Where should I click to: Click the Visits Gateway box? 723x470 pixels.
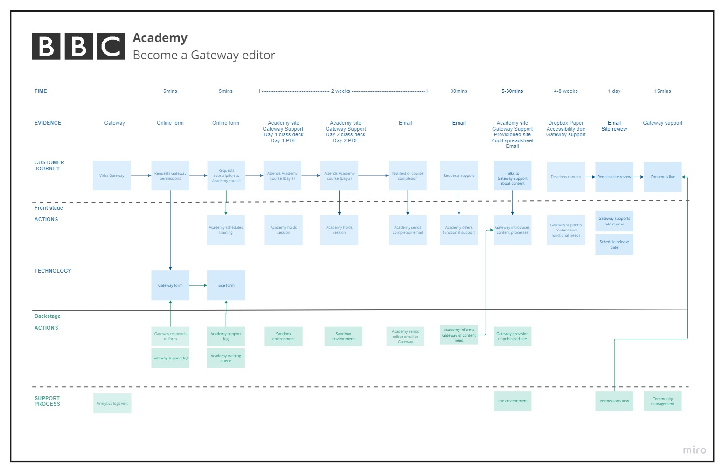pos(111,175)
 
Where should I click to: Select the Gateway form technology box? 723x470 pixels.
pos(170,285)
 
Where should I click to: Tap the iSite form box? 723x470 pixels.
pos(226,285)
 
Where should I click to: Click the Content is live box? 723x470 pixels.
pos(662,177)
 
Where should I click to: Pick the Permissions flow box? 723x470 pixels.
pos(614,401)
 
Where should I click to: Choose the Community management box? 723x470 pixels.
pos(662,401)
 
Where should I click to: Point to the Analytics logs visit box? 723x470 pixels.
pos(112,403)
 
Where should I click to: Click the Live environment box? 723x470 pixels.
pos(512,401)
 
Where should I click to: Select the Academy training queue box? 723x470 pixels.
pos(226,358)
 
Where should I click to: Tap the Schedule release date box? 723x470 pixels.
pos(614,245)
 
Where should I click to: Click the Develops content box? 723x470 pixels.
pos(566,177)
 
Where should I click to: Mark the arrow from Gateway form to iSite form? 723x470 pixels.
pos(198,285)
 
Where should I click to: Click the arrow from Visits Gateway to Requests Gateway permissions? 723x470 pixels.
pos(141,175)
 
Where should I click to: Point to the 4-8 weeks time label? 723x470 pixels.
pos(566,91)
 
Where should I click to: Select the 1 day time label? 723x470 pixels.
pos(614,91)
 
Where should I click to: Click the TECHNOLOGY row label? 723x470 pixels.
pos(53,271)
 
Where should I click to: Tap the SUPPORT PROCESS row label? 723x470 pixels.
pos(47,401)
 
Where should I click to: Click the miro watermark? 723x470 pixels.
pos(694,450)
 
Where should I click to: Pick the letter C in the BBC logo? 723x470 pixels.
pos(111,46)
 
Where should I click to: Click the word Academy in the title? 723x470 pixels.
pos(160,38)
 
